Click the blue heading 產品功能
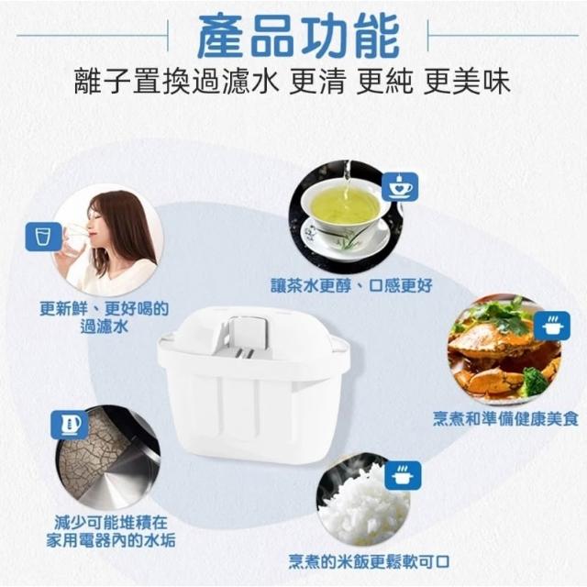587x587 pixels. [298, 38]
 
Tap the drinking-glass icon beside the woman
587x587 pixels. [43, 237]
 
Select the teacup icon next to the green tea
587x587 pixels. [400, 186]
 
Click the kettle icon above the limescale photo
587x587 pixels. [70, 425]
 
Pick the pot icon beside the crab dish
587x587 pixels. [552, 326]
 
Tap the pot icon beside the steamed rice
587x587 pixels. [403, 475]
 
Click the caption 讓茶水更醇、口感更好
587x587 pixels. [351, 286]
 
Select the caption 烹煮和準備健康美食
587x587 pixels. [505, 418]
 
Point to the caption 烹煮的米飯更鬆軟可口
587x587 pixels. [369, 561]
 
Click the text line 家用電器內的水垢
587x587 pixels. [111, 540]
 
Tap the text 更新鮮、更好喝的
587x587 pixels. [104, 308]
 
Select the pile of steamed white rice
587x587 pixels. [365, 504]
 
